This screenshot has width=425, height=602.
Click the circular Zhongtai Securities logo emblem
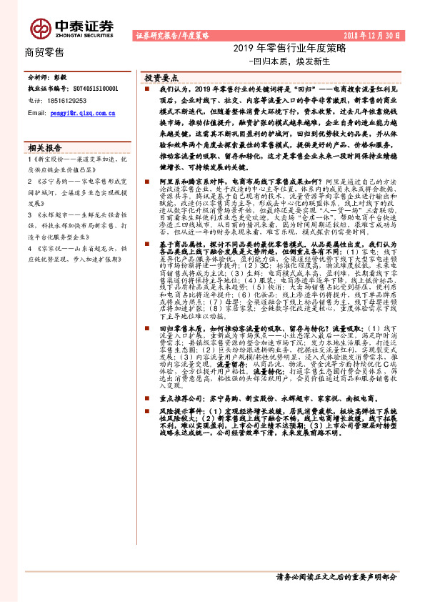(x=40, y=28)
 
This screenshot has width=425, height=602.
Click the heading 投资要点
(x=161, y=76)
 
